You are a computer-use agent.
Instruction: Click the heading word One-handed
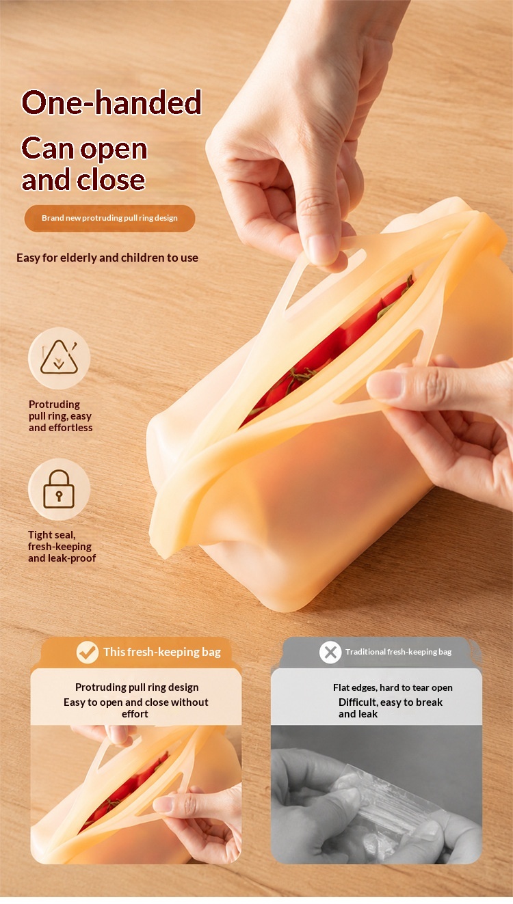click(x=111, y=102)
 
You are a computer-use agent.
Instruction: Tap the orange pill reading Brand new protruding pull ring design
click(x=109, y=219)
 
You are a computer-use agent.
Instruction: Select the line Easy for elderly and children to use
click(x=107, y=258)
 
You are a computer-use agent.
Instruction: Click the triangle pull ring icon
click(x=59, y=358)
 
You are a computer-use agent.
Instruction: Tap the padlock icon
click(x=59, y=489)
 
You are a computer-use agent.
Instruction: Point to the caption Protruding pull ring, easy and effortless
click(x=61, y=416)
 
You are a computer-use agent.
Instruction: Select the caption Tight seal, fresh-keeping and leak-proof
click(x=62, y=547)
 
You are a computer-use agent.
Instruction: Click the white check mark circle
click(x=88, y=652)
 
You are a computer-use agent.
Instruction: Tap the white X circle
click(x=330, y=652)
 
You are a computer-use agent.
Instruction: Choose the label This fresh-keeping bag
click(x=162, y=652)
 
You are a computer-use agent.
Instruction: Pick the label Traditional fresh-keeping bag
click(x=398, y=652)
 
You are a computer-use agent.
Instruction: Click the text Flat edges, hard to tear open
click(x=393, y=687)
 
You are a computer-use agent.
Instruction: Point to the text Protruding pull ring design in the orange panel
click(x=137, y=687)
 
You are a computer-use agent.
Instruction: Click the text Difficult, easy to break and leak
click(x=391, y=708)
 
